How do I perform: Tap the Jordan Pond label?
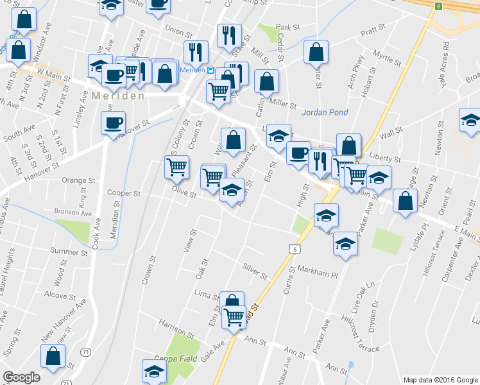point(325,112)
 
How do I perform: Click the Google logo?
point(21,377)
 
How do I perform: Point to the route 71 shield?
point(85,352)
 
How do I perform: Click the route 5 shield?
point(294,247)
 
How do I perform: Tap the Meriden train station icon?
point(210,70)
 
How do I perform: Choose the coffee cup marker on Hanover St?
point(114,122)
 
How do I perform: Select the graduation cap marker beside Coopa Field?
point(153,372)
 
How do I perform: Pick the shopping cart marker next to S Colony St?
point(176,167)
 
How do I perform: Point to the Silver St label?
point(254,271)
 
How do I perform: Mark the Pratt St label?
point(372,30)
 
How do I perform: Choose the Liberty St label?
point(384,158)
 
